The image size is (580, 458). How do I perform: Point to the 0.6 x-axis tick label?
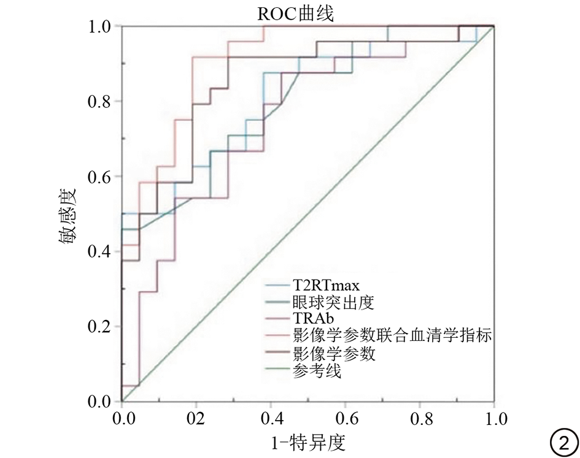[x=345, y=421]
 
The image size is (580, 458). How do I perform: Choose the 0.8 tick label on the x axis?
[x=419, y=421]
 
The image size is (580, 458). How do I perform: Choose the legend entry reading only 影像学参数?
[x=334, y=354]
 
